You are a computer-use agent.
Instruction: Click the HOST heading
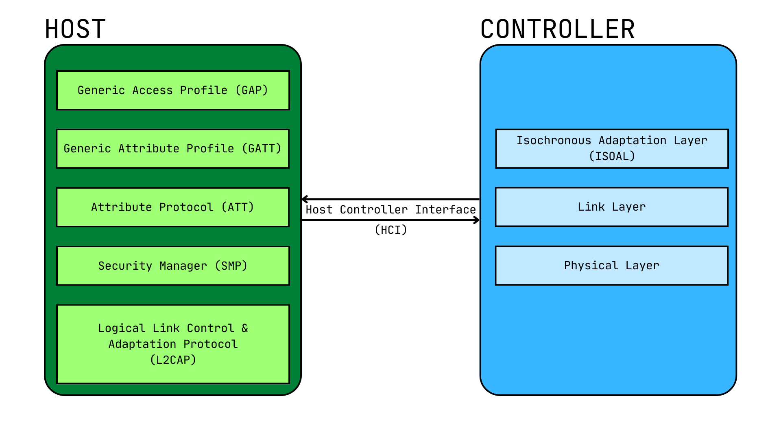(75, 29)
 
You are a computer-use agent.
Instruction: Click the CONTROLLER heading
(557, 29)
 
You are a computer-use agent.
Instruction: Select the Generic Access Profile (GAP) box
(173, 90)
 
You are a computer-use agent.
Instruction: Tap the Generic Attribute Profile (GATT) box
(173, 149)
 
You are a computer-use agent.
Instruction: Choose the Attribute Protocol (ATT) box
(173, 207)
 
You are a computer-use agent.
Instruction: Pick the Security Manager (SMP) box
(173, 266)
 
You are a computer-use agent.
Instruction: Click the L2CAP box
(173, 344)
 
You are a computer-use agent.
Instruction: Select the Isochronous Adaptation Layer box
(612, 149)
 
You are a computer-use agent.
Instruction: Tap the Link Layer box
(612, 207)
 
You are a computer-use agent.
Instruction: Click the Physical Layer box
(612, 266)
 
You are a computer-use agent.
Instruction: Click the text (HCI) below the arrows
(390, 230)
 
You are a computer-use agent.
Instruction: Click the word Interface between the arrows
(445, 210)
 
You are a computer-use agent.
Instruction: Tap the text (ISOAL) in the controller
(612, 156)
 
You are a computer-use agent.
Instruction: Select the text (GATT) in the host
(261, 149)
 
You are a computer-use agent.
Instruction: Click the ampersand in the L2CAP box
(244, 328)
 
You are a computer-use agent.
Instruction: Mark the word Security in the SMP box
(125, 266)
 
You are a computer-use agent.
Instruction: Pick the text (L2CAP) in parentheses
(173, 360)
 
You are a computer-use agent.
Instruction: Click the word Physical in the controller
(591, 266)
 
